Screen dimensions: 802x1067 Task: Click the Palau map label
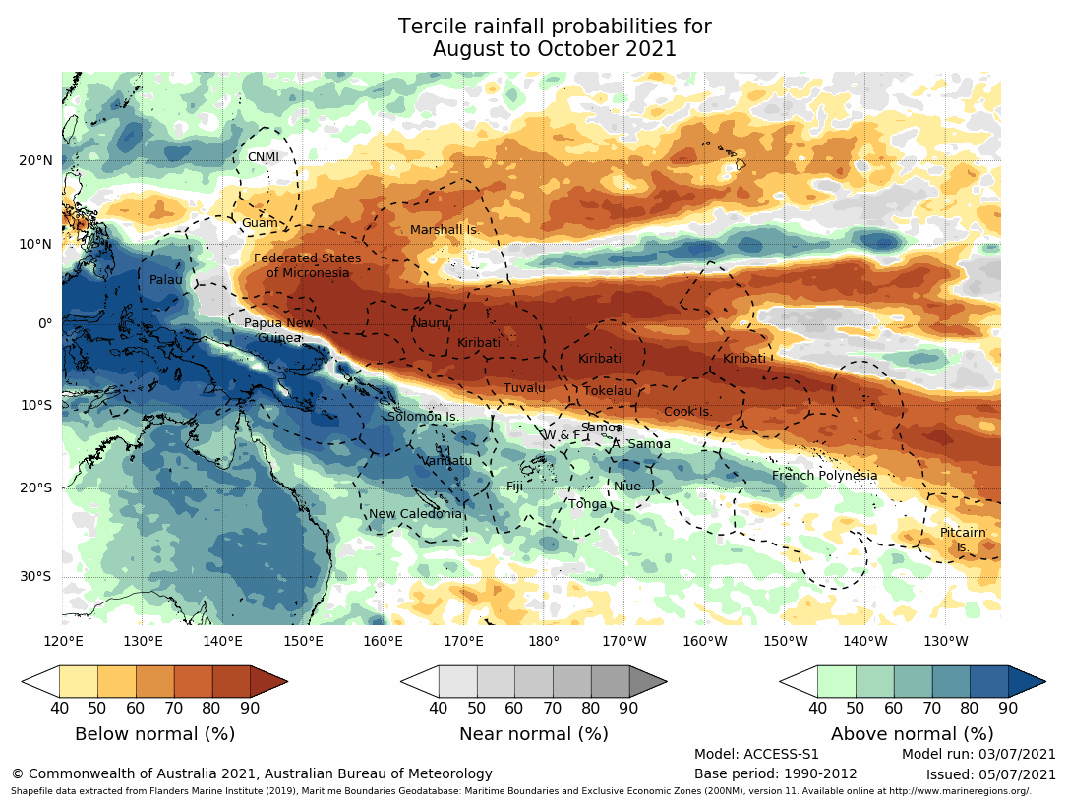[166, 280]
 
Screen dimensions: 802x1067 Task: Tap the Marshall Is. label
[444, 230]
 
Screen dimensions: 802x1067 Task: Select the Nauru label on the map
[430, 322]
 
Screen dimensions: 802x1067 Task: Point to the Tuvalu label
[524, 388]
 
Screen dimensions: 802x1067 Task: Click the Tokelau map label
[608, 391]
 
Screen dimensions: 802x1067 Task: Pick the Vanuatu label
[447, 460]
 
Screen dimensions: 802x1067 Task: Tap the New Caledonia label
[415, 513]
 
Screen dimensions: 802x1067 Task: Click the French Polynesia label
[824, 476]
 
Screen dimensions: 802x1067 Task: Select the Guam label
[260, 223]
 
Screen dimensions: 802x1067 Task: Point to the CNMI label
[264, 157]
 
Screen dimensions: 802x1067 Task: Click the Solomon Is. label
[423, 417]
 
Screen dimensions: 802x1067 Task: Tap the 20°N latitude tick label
[34, 160]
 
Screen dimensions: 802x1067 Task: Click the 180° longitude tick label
[543, 642]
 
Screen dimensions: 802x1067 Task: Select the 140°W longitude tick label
[864, 642]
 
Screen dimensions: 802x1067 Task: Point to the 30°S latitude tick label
[34, 577]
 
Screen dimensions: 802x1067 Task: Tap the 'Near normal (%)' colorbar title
[534, 734]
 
